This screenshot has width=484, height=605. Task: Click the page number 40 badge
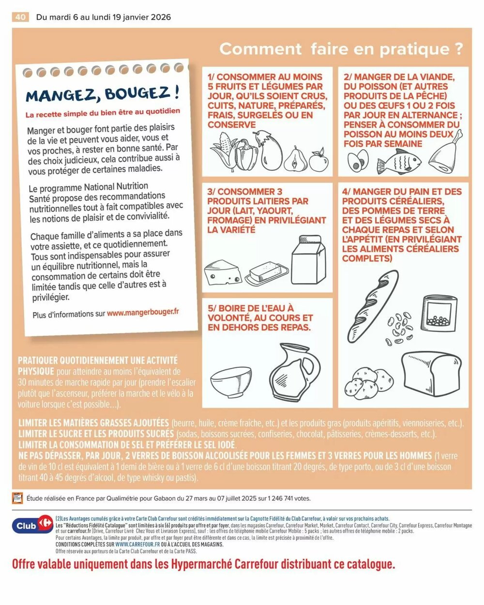20,17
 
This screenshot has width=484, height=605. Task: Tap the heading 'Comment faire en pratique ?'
341,49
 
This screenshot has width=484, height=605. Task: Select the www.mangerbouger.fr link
143,313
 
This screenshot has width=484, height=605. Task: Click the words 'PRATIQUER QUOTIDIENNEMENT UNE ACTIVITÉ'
98,361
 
